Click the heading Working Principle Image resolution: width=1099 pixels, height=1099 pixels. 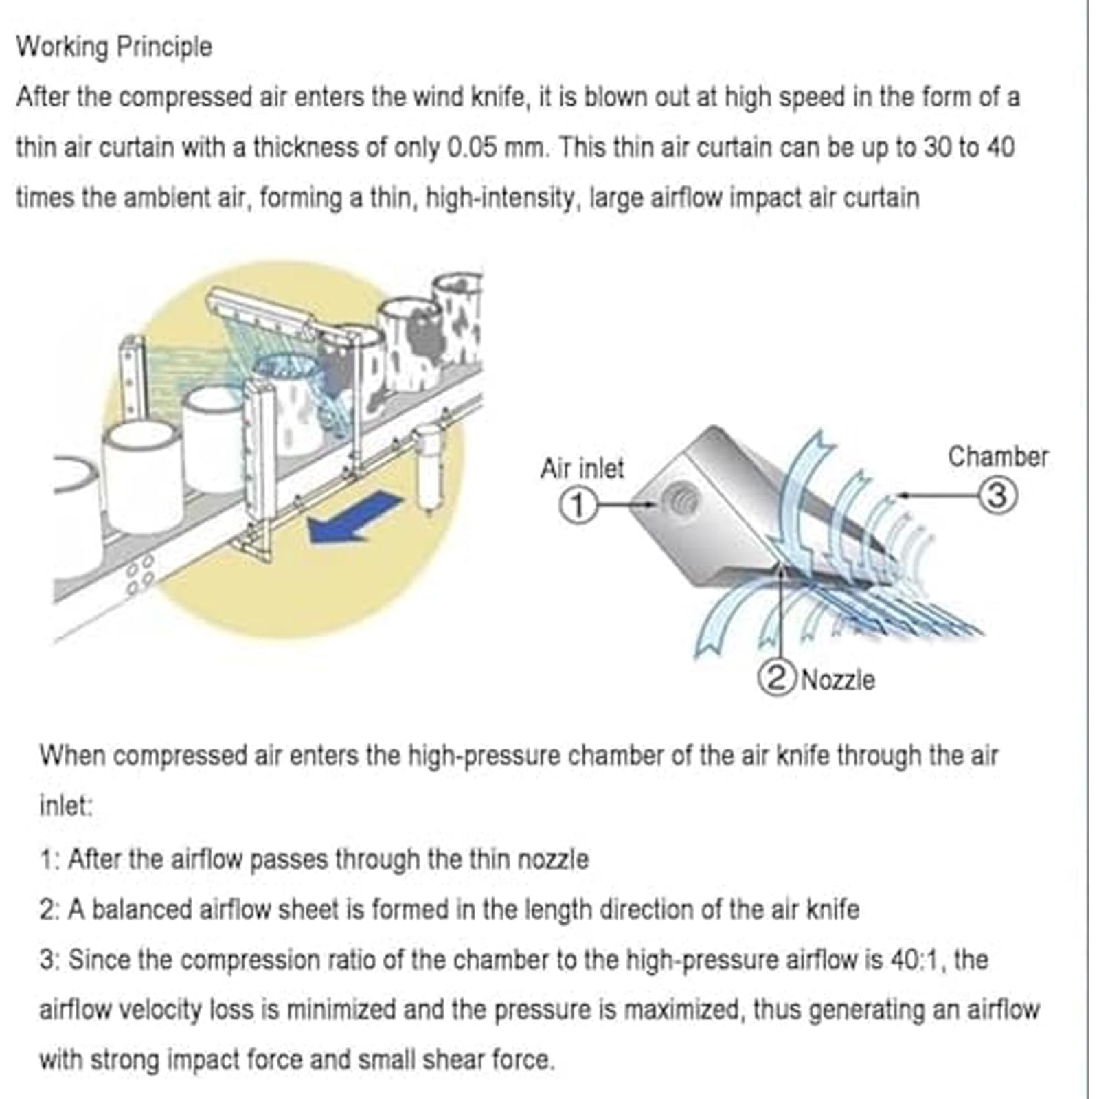point(114,47)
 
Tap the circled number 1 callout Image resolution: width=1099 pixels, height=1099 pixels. point(578,506)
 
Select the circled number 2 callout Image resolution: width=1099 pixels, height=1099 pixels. point(776,679)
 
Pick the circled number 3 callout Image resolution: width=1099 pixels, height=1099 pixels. point(997,495)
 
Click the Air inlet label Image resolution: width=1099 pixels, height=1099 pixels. point(582,468)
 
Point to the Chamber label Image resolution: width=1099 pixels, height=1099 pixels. point(998,457)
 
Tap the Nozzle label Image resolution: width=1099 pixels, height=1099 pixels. point(838,680)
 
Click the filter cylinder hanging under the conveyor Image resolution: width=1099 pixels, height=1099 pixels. point(429,467)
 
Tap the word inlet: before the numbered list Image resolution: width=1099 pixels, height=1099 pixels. point(65,806)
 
